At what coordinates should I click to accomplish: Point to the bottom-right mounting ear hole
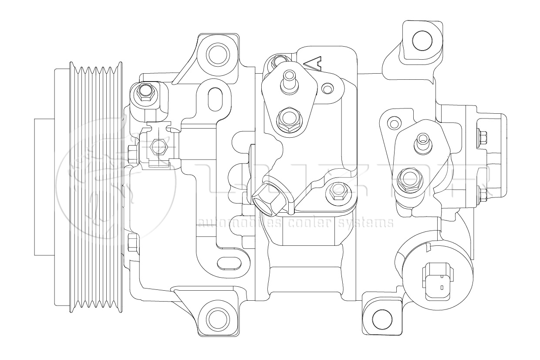(380, 317)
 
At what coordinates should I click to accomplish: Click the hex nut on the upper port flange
(288, 118)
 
